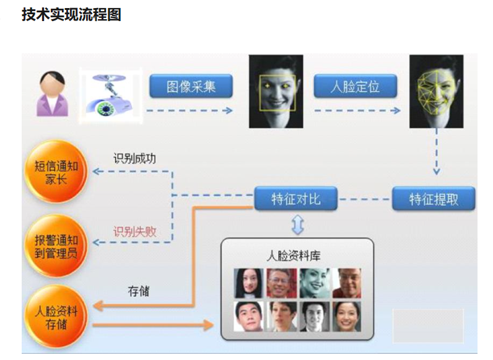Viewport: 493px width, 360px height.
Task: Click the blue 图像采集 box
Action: (191, 86)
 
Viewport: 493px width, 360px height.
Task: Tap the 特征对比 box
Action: (296, 200)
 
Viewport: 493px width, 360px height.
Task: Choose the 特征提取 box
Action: (434, 200)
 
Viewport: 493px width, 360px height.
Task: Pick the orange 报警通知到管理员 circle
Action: (54, 246)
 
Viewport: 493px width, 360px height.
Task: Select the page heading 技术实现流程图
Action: (71, 14)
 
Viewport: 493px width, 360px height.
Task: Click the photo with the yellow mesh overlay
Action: (436, 90)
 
